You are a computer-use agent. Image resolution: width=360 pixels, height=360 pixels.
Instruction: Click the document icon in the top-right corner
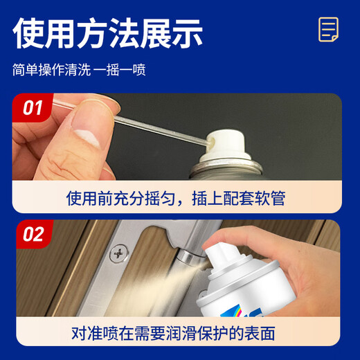(328, 30)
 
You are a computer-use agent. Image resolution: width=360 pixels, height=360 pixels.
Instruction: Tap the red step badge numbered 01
(32, 109)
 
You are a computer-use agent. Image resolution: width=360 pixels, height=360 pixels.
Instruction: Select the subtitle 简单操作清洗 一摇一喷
(79, 70)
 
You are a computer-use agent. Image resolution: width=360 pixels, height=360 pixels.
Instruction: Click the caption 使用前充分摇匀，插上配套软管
(176, 199)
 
